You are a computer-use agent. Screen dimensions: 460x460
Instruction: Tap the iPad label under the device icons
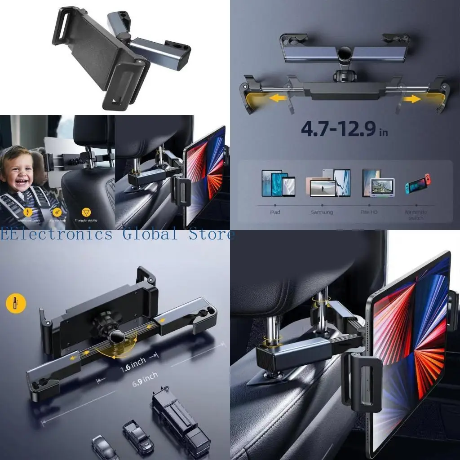tap(275, 212)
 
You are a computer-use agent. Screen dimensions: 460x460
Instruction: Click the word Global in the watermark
tap(148, 234)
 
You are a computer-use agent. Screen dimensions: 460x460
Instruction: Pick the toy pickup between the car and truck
tap(138, 436)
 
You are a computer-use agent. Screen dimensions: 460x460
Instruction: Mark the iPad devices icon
tap(278, 184)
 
